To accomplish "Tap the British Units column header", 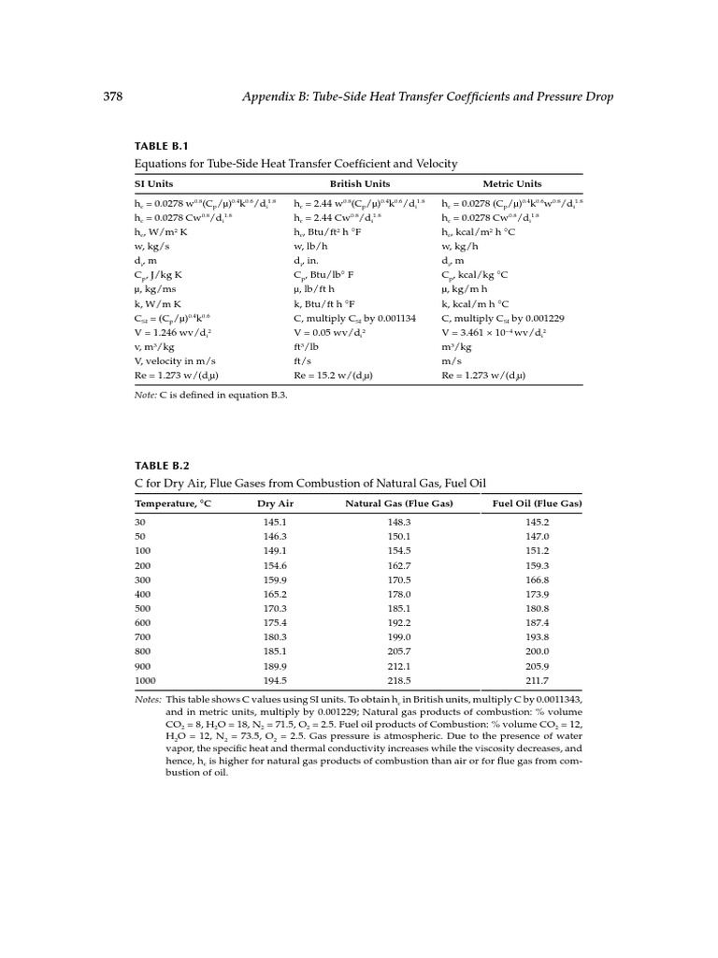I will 360,184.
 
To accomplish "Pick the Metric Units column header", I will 511,184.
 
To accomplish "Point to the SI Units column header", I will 154,184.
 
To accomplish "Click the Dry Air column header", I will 275,503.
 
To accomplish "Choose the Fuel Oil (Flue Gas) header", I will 537,503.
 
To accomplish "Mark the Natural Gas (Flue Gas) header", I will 399,503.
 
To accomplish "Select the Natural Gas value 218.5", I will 399,680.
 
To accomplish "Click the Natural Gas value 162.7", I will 399,565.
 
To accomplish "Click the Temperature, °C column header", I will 174,503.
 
